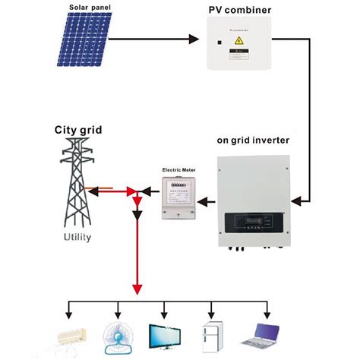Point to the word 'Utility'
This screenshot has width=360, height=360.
tap(77, 237)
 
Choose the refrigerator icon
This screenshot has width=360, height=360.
tap(212, 335)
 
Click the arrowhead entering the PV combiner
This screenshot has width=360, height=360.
tap(204, 36)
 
